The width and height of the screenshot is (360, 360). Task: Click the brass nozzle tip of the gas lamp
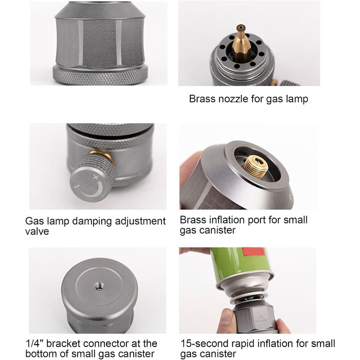241,28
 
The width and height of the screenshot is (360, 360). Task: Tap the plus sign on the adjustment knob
96,177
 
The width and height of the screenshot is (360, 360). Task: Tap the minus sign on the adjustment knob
77,186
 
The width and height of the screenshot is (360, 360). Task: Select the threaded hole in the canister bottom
100,286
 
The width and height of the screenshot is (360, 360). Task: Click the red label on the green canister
255,252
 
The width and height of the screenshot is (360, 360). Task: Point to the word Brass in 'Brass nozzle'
202,99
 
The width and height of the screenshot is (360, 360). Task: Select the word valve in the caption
37,231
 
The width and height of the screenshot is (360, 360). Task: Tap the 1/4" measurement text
34,344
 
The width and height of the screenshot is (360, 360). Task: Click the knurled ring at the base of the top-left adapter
100,76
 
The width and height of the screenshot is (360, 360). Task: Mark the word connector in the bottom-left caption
106,344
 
